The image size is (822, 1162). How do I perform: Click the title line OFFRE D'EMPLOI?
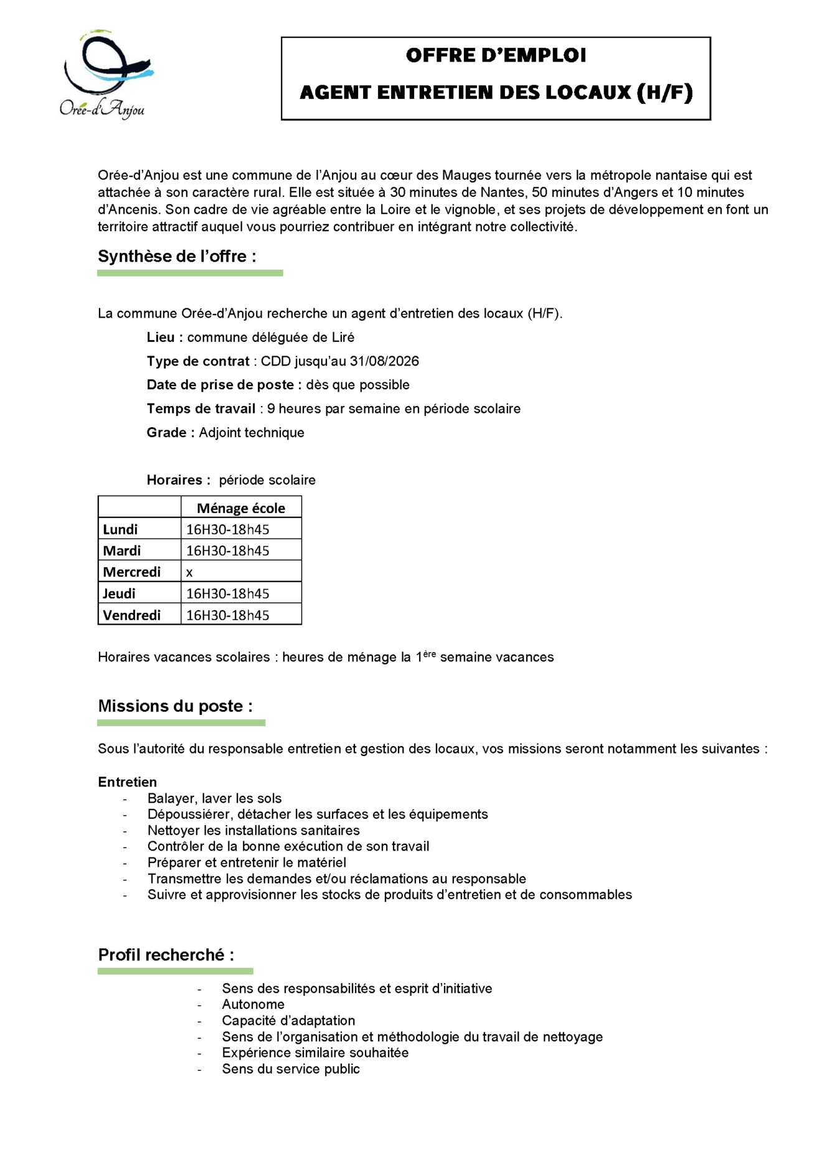click(496, 55)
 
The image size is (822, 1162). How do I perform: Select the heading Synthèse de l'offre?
click(177, 257)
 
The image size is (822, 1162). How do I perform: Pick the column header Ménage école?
click(241, 508)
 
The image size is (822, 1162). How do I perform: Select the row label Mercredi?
click(132, 572)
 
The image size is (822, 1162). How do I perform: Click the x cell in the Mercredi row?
click(189, 572)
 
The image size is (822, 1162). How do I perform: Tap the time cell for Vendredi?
click(228, 615)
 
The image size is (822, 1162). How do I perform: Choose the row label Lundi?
click(120, 529)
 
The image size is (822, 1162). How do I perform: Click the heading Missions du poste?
click(175, 706)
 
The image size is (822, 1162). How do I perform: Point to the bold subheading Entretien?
click(127, 782)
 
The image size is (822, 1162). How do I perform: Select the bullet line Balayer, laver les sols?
click(214, 798)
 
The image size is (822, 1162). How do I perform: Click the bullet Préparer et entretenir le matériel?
click(247, 862)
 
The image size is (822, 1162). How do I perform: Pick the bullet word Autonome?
click(253, 1004)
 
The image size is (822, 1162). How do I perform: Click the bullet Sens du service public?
click(291, 1069)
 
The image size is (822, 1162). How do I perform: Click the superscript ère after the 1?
click(429, 653)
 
